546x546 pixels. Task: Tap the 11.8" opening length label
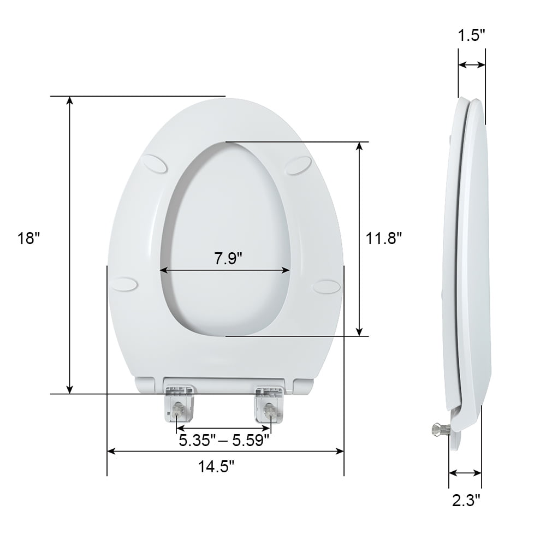click(x=384, y=239)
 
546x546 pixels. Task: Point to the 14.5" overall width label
click(x=216, y=467)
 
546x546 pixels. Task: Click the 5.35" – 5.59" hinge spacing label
click(x=224, y=440)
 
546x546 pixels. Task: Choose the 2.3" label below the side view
click(x=465, y=499)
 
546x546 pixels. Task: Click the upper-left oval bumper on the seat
click(x=157, y=164)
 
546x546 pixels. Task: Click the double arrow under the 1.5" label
click(x=471, y=65)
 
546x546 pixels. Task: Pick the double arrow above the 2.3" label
click(x=465, y=473)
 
